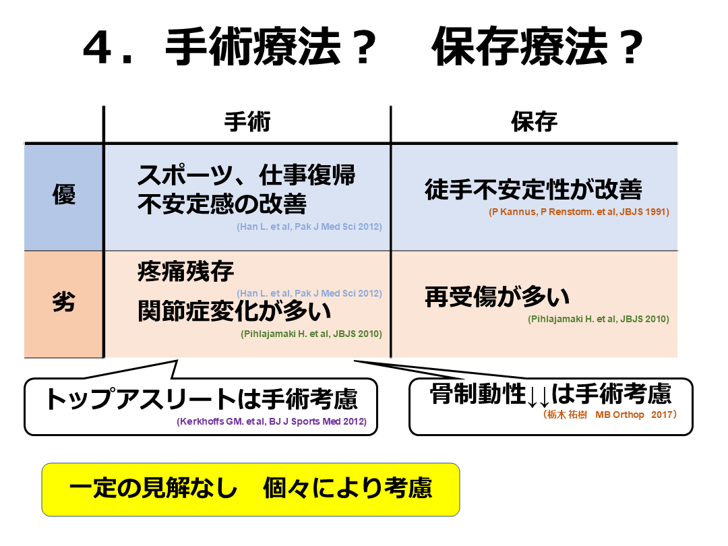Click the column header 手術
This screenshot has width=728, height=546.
click(x=247, y=122)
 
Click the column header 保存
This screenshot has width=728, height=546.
click(x=535, y=122)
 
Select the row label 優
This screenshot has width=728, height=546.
click(x=64, y=195)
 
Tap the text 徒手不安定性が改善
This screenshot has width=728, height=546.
click(x=533, y=190)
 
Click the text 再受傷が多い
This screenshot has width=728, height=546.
click(x=497, y=297)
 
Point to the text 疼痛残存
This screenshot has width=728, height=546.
click(x=186, y=271)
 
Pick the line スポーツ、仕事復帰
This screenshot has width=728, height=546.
click(x=247, y=177)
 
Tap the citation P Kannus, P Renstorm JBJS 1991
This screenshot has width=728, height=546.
click(x=579, y=212)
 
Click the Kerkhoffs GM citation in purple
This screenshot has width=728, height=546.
click(x=272, y=423)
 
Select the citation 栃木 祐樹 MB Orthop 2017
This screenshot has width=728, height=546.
click(x=609, y=415)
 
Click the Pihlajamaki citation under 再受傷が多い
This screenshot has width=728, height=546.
click(x=599, y=319)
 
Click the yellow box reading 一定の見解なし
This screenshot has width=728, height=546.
click(x=251, y=489)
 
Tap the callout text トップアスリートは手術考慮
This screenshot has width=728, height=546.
click(x=200, y=400)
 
